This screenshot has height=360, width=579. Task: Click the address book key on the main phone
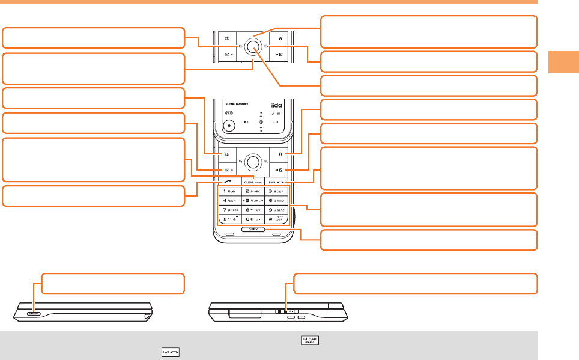coord(228,154)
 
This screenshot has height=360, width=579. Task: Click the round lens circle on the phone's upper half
coord(228,126)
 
